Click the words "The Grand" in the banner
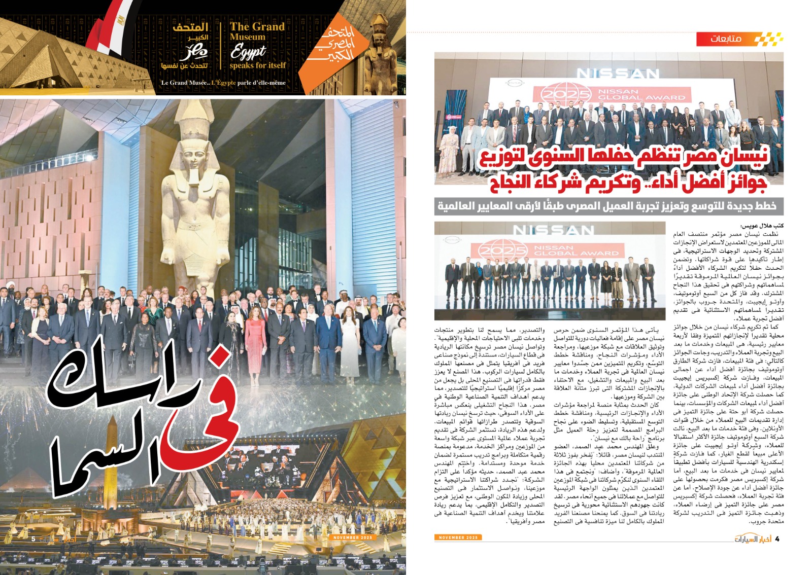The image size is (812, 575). tap(257, 27)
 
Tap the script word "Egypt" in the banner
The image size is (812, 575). tap(248, 52)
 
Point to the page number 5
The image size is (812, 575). tap(33, 538)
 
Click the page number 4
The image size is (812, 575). tap(777, 538)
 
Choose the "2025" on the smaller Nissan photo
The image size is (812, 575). tap(500, 251)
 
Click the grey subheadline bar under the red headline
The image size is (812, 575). tap(606, 206)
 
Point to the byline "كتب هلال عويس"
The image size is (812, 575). tap(762, 225)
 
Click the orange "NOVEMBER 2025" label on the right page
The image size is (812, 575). tap(458, 537)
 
